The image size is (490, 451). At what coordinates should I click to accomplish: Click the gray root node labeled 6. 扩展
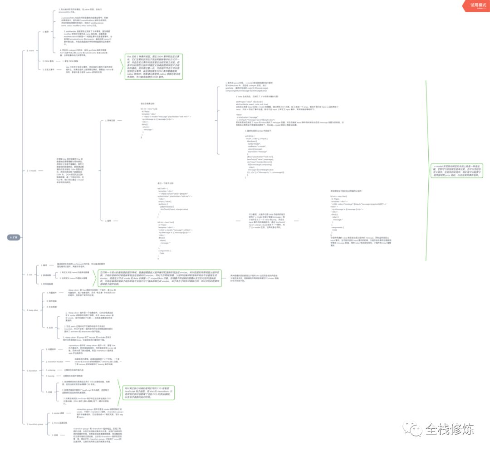tap(15, 237)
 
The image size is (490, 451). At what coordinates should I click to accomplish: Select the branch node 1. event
tap(31, 51)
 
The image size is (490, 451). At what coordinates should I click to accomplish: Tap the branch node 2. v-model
tap(32, 171)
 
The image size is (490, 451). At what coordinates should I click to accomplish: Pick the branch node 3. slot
tap(30, 275)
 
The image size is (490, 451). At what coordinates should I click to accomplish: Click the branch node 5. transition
tap(32, 371)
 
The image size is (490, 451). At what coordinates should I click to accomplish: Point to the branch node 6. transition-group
tap(36, 424)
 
